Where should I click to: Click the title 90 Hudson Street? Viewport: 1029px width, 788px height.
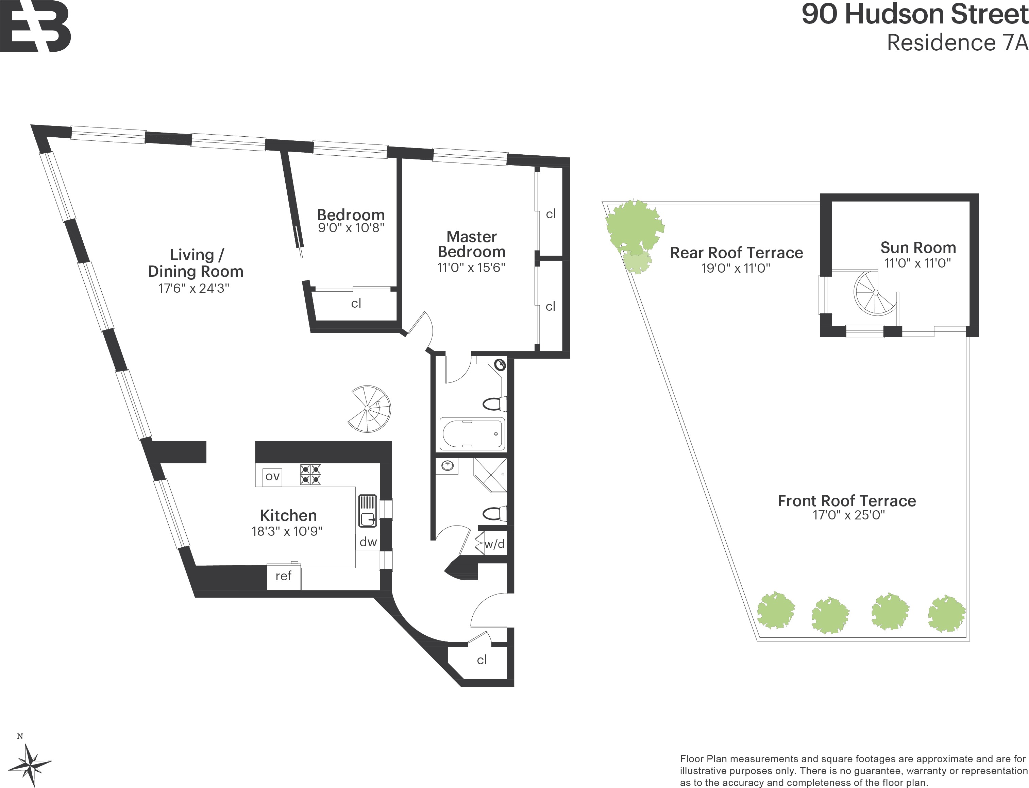(x=915, y=14)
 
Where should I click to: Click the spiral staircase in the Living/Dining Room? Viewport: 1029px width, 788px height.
(x=369, y=409)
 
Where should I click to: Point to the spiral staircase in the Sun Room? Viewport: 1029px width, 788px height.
(x=876, y=293)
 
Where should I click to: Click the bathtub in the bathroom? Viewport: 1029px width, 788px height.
(x=473, y=434)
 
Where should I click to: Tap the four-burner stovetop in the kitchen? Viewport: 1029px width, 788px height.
(x=310, y=474)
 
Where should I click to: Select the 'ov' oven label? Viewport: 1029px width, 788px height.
(x=273, y=477)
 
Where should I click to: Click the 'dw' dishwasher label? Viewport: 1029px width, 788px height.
(x=368, y=542)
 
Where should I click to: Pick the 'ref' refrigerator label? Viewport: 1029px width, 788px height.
(x=283, y=576)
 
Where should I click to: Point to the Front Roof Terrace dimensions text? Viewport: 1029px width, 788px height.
(x=849, y=515)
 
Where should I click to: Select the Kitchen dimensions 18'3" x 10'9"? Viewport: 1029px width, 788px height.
(x=287, y=531)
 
